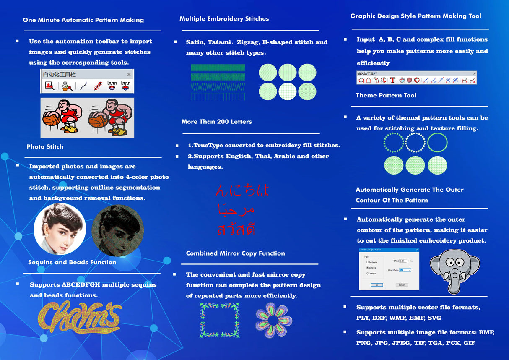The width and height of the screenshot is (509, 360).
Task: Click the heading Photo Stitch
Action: (45, 146)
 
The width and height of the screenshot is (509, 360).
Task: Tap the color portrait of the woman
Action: (60, 229)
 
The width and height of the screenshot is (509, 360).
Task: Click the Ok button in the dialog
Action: (377, 285)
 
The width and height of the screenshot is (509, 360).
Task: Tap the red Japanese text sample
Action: (242, 190)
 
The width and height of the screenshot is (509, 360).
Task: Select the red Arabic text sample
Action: (236, 209)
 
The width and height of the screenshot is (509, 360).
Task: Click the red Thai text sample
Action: (236, 229)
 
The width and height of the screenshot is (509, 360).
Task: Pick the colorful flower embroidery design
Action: (273, 320)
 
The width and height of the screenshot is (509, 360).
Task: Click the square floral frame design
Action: (220, 320)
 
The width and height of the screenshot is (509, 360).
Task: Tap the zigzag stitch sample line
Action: (218, 86)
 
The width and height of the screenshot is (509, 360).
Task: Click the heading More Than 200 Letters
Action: (216, 122)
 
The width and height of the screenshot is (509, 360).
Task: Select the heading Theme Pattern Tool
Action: (386, 95)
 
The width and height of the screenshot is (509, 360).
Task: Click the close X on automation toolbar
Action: (129, 74)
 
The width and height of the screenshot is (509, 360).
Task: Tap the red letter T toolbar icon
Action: (392, 80)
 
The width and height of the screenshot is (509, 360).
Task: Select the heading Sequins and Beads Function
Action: (72, 262)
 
